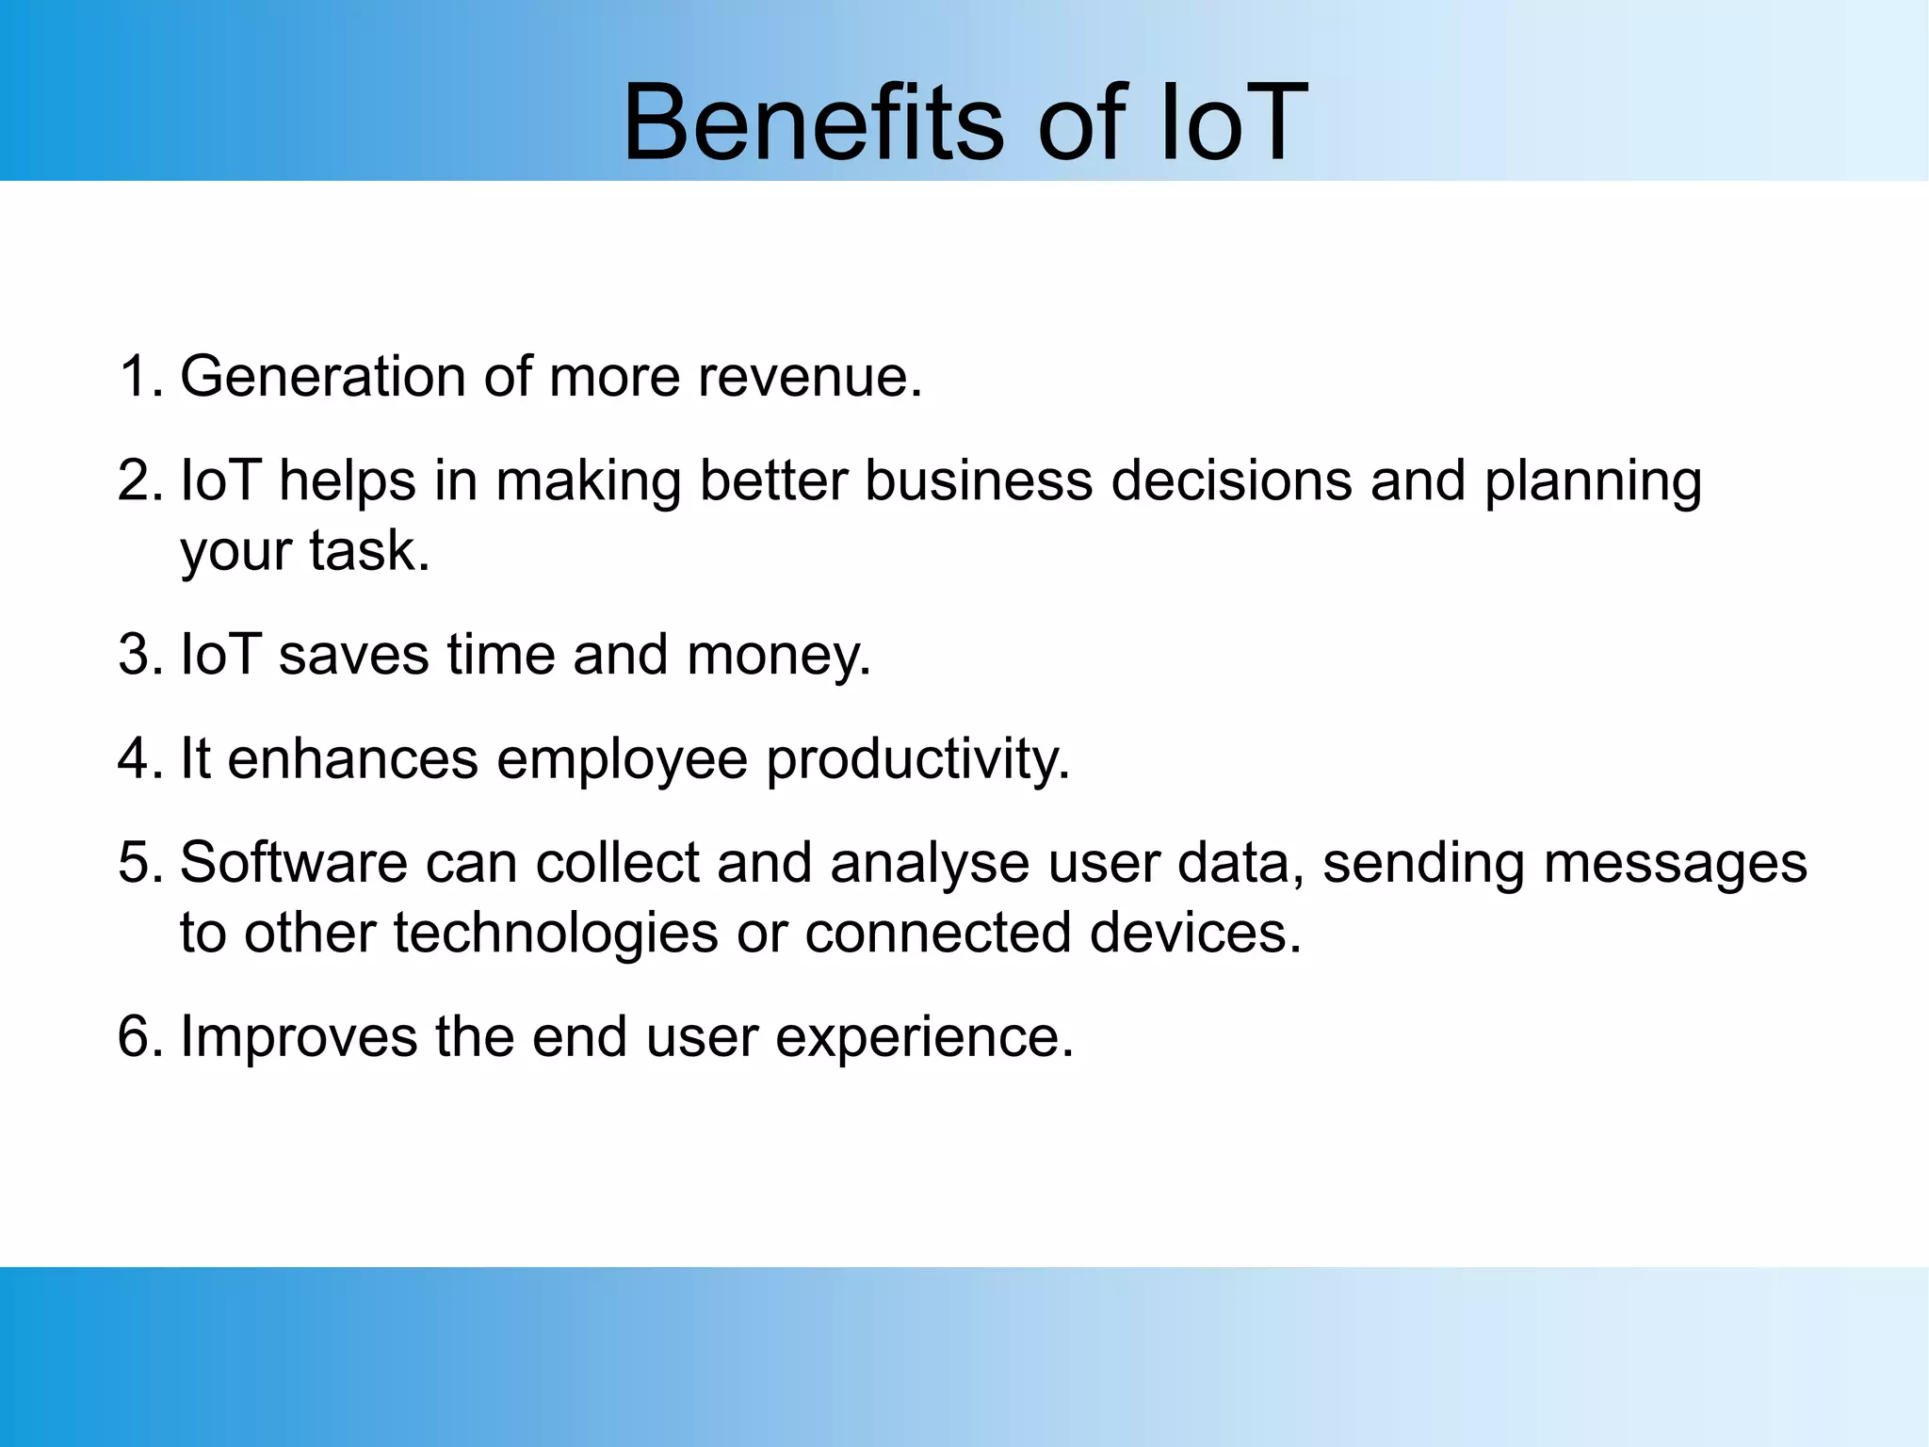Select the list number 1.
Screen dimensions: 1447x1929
pos(137,377)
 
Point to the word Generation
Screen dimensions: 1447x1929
pos(323,377)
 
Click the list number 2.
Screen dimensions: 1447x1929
pos(138,480)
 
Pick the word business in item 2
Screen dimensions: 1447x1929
pos(979,480)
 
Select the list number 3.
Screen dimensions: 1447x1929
pos(138,655)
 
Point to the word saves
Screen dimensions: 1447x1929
pos(353,655)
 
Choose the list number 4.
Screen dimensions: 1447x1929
pos(138,758)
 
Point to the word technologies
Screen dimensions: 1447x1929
pos(556,934)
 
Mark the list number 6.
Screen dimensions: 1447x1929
pos(138,1036)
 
